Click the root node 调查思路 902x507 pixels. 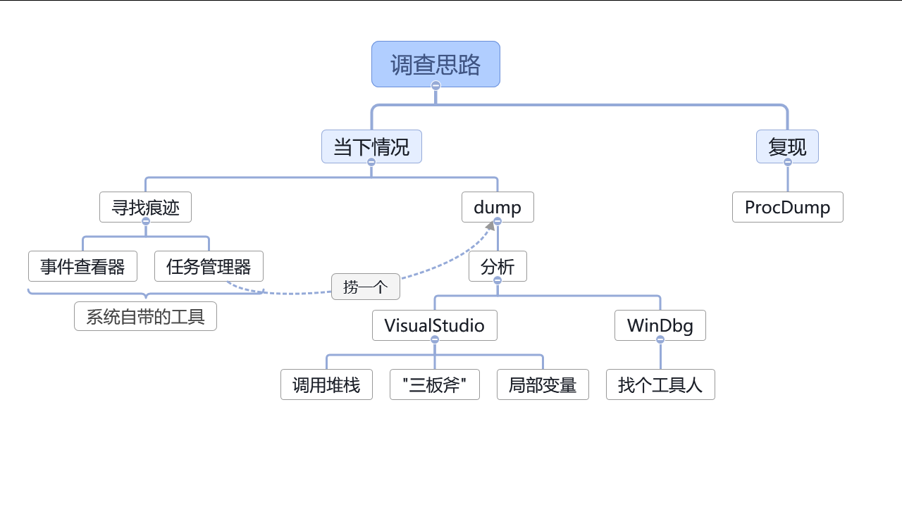(x=435, y=64)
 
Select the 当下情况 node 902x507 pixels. (x=371, y=146)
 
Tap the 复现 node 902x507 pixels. (x=787, y=146)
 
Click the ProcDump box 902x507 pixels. (x=787, y=207)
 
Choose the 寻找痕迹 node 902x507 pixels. (x=145, y=207)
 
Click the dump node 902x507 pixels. (x=498, y=207)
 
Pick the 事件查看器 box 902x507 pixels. (x=82, y=266)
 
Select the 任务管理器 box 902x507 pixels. (x=209, y=266)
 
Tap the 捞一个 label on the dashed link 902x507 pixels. (x=366, y=287)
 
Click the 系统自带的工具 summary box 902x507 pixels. (x=145, y=316)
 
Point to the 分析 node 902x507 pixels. (x=498, y=266)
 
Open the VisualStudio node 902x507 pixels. (x=434, y=325)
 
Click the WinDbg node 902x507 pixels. (x=660, y=325)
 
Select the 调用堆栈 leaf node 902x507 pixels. (x=326, y=384)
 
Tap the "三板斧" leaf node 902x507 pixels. (x=434, y=384)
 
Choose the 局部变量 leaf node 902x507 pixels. (x=543, y=384)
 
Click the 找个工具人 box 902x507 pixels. (x=660, y=384)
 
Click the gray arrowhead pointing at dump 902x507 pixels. (x=490, y=225)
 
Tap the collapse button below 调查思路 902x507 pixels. (x=435, y=86)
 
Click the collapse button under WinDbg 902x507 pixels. (x=660, y=339)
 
